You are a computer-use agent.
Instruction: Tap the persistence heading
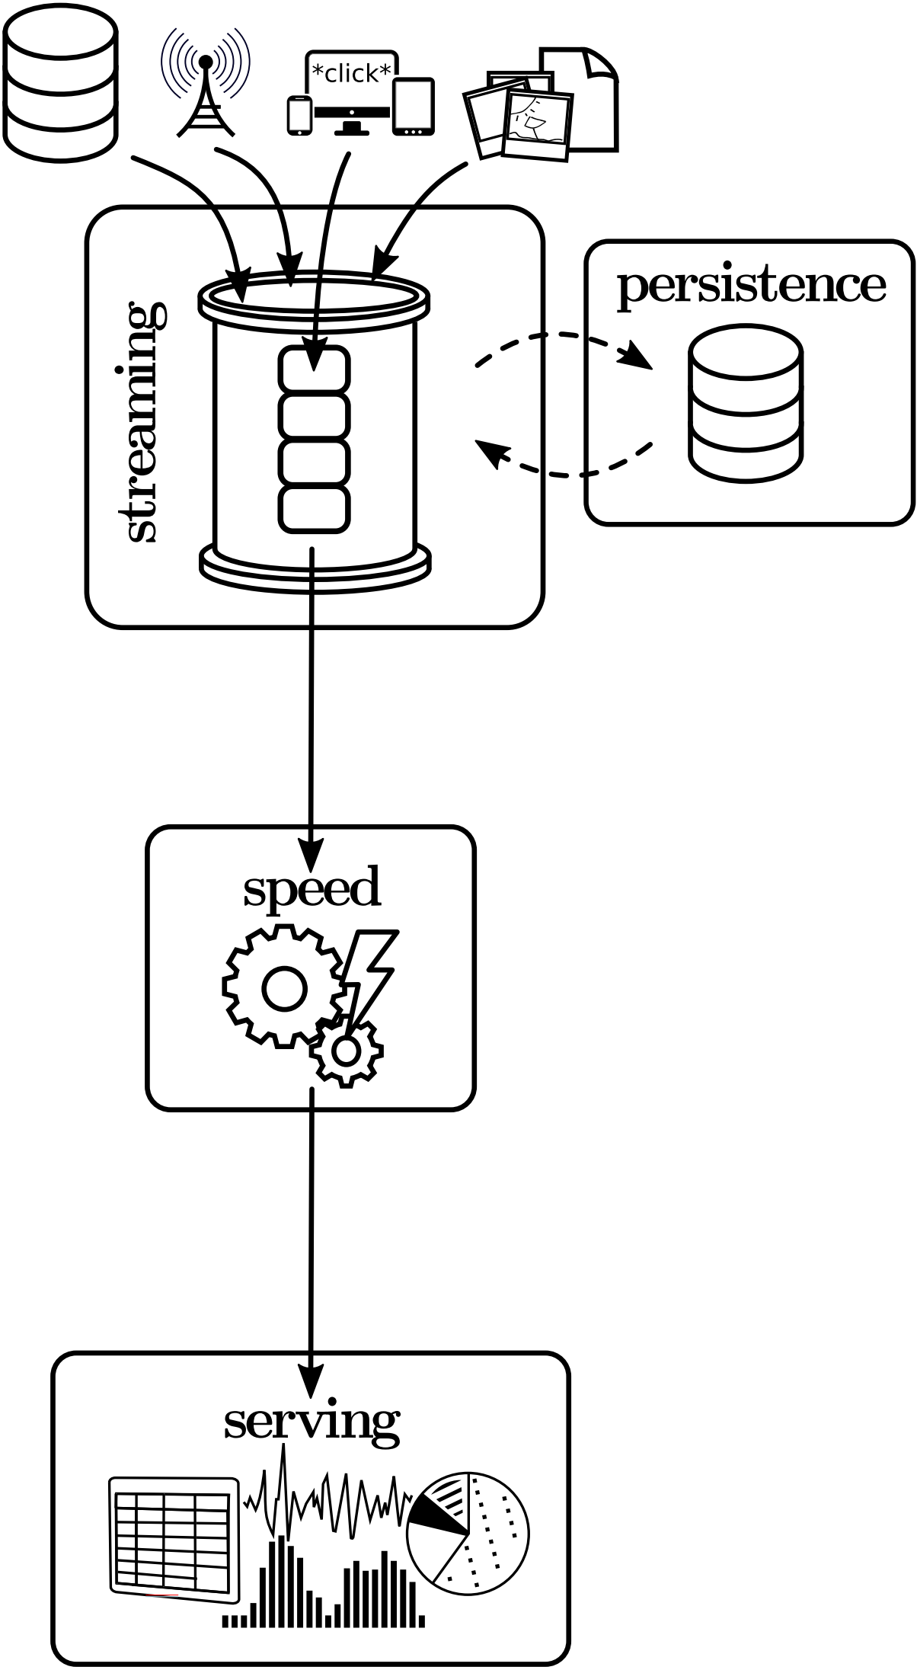(x=751, y=286)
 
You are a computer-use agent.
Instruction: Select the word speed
(x=312, y=888)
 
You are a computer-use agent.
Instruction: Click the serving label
(x=312, y=1422)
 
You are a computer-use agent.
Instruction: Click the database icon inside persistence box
(x=745, y=404)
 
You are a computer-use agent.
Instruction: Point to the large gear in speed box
(x=283, y=987)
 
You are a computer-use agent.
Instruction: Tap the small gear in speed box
(x=347, y=1051)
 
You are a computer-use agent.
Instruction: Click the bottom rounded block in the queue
(x=314, y=508)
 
